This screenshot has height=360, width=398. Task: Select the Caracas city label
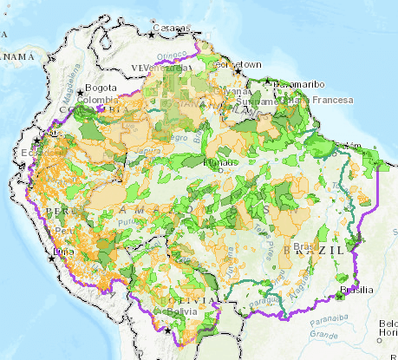click(169, 29)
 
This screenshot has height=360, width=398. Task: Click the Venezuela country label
click(160, 68)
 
